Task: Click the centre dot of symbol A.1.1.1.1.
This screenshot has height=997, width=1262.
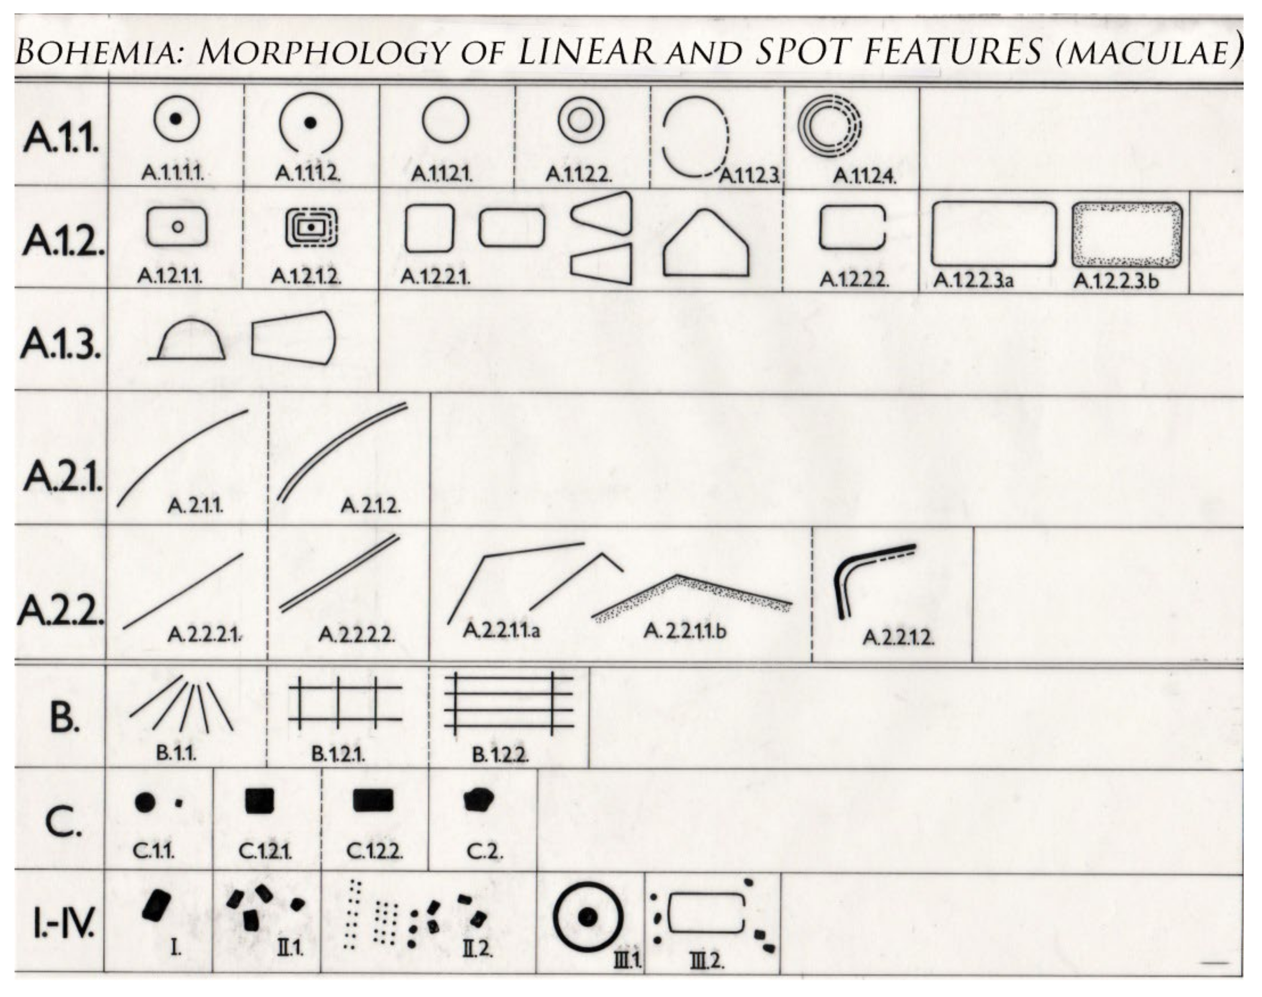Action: (x=175, y=119)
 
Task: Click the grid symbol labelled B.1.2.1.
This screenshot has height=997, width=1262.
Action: (x=344, y=702)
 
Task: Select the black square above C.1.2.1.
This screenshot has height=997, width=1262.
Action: (x=259, y=801)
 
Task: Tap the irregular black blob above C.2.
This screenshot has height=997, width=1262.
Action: (x=478, y=799)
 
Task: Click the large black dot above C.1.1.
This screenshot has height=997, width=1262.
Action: (x=145, y=802)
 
